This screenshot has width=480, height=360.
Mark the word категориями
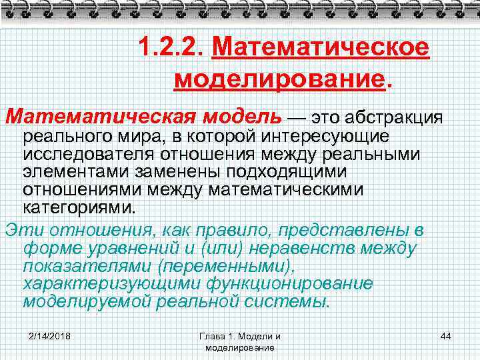coord(79,207)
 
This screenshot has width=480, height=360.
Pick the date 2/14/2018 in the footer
coord(51,335)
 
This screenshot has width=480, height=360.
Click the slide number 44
coord(446,335)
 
